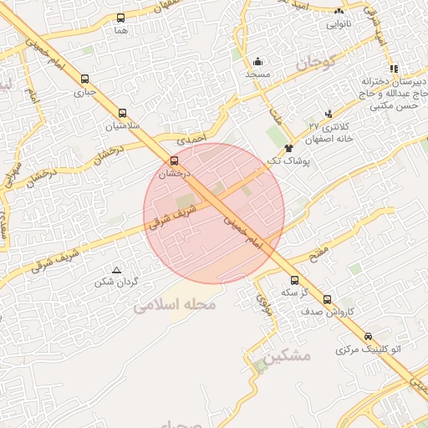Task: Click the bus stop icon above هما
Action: pyautogui.click(x=121, y=18)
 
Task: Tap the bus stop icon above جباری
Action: pyautogui.click(x=84, y=79)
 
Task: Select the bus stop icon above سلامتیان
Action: pyautogui.click(x=123, y=114)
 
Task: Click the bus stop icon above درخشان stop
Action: pyautogui.click(x=174, y=160)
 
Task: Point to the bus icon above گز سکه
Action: pyautogui.click(x=293, y=281)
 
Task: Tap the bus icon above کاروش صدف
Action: pyautogui.click(x=327, y=299)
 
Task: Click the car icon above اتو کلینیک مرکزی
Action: pyautogui.click(x=368, y=336)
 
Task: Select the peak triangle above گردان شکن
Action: pyautogui.click(x=116, y=269)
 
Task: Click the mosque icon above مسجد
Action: pyautogui.click(x=258, y=61)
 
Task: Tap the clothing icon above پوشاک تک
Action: pyautogui.click(x=289, y=147)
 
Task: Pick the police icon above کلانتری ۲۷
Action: pyautogui.click(x=328, y=113)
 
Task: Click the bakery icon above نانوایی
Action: pyautogui.click(x=339, y=12)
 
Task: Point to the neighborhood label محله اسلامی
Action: pyautogui.click(x=175, y=306)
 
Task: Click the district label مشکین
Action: pyautogui.click(x=286, y=356)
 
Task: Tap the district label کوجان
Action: pyautogui.click(x=314, y=61)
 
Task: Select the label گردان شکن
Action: pyautogui.click(x=116, y=282)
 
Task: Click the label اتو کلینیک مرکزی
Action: pyautogui.click(x=369, y=348)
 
